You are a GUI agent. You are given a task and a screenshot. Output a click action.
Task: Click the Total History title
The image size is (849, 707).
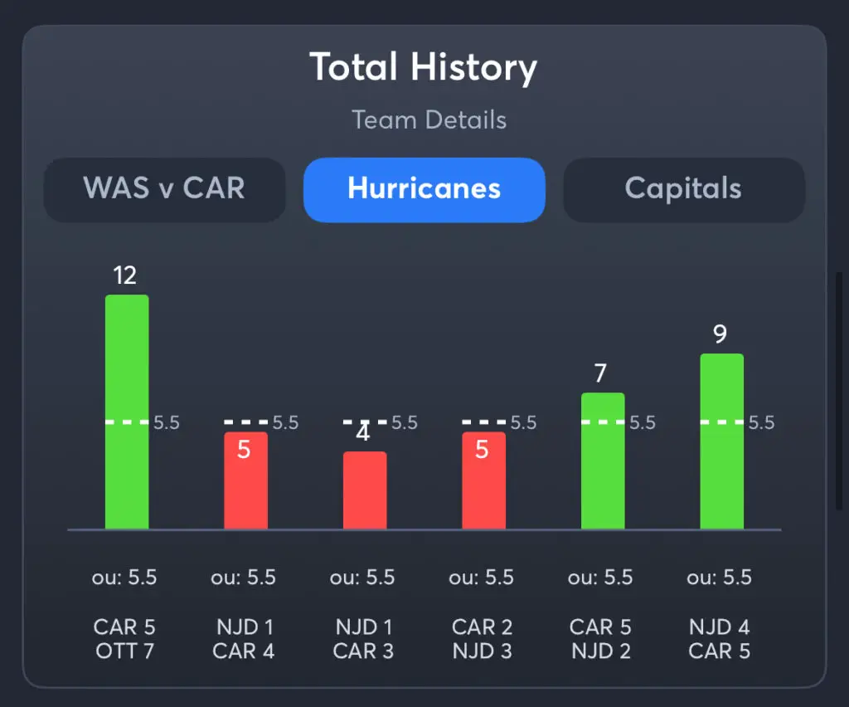coord(424,67)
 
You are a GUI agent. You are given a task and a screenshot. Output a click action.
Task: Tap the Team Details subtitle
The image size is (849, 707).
coord(429,119)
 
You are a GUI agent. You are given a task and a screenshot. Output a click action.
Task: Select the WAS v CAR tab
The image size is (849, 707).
coord(164,188)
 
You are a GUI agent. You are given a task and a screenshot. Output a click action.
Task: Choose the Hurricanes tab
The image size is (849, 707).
coord(424,188)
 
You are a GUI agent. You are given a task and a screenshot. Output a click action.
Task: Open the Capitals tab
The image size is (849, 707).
coord(683,188)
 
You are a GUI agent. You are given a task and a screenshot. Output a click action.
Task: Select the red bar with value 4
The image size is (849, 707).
coord(365,490)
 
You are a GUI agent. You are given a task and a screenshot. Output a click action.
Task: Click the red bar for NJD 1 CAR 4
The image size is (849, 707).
coord(245,481)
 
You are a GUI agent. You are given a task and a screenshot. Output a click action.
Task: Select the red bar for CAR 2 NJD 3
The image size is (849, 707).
coord(483,481)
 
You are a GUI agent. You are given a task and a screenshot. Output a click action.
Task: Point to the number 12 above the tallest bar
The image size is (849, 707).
coord(124,275)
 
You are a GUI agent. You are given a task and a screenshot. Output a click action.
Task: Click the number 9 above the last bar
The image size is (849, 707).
coord(720,334)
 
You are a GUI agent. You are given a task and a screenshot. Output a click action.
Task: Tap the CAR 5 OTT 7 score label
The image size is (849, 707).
coord(124,639)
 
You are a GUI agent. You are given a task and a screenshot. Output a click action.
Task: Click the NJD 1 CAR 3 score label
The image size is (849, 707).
coord(362,639)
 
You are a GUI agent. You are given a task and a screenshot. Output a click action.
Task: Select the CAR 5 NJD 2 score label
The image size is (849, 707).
coord(600,639)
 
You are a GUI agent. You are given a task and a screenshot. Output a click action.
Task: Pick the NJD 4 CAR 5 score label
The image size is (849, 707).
coord(719,639)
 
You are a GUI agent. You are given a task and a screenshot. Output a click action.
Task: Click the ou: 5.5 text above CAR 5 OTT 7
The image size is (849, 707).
coord(124,578)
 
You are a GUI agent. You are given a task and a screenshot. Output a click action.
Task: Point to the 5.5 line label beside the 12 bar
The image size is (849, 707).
coord(166,422)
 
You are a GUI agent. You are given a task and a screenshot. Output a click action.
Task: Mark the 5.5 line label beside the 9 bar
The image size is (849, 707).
coord(761,422)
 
